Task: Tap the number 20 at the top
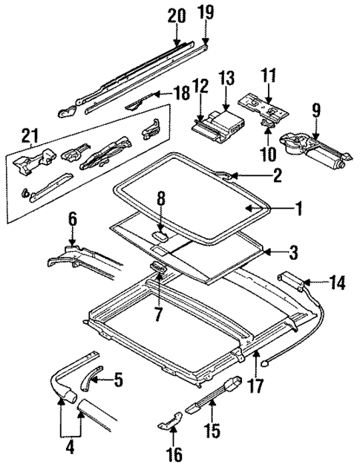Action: click(175, 14)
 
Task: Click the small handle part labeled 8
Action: click(159, 235)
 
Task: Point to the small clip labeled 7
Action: click(158, 269)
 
